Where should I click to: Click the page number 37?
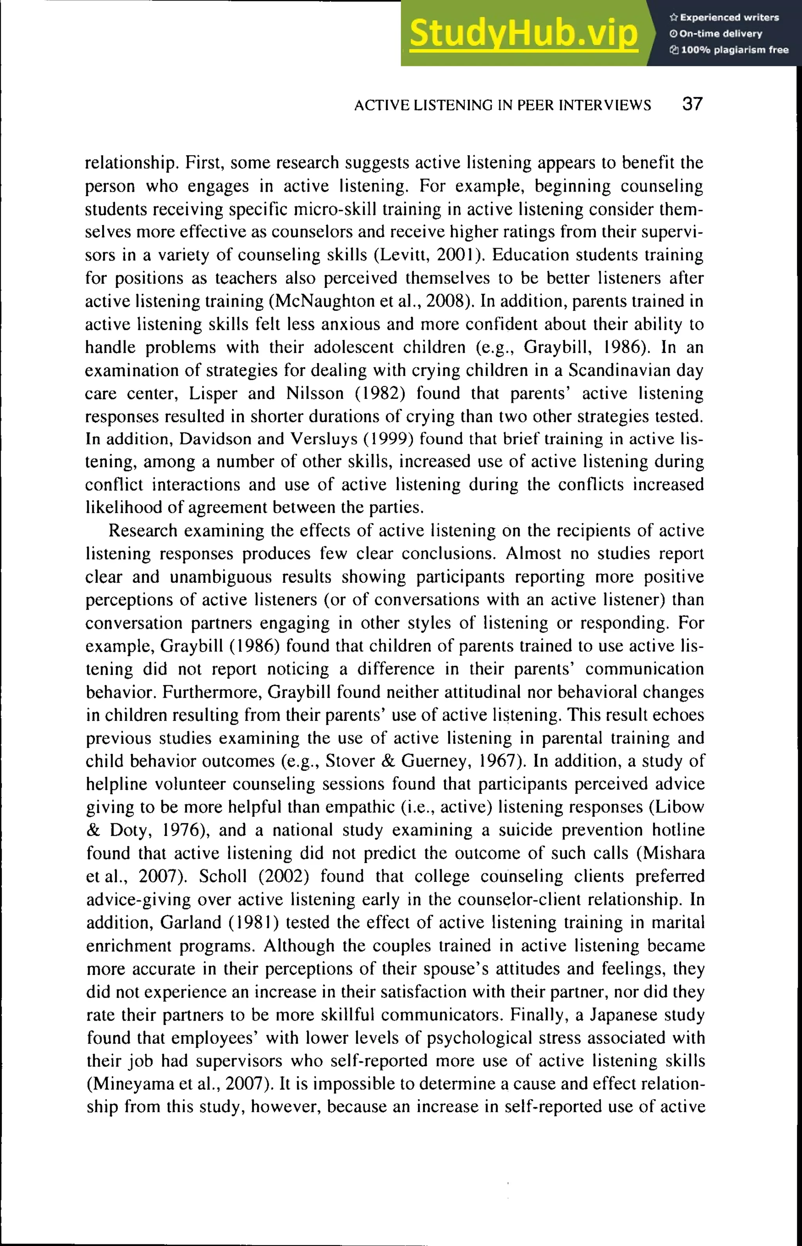(x=692, y=104)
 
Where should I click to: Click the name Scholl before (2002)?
(x=222, y=876)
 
